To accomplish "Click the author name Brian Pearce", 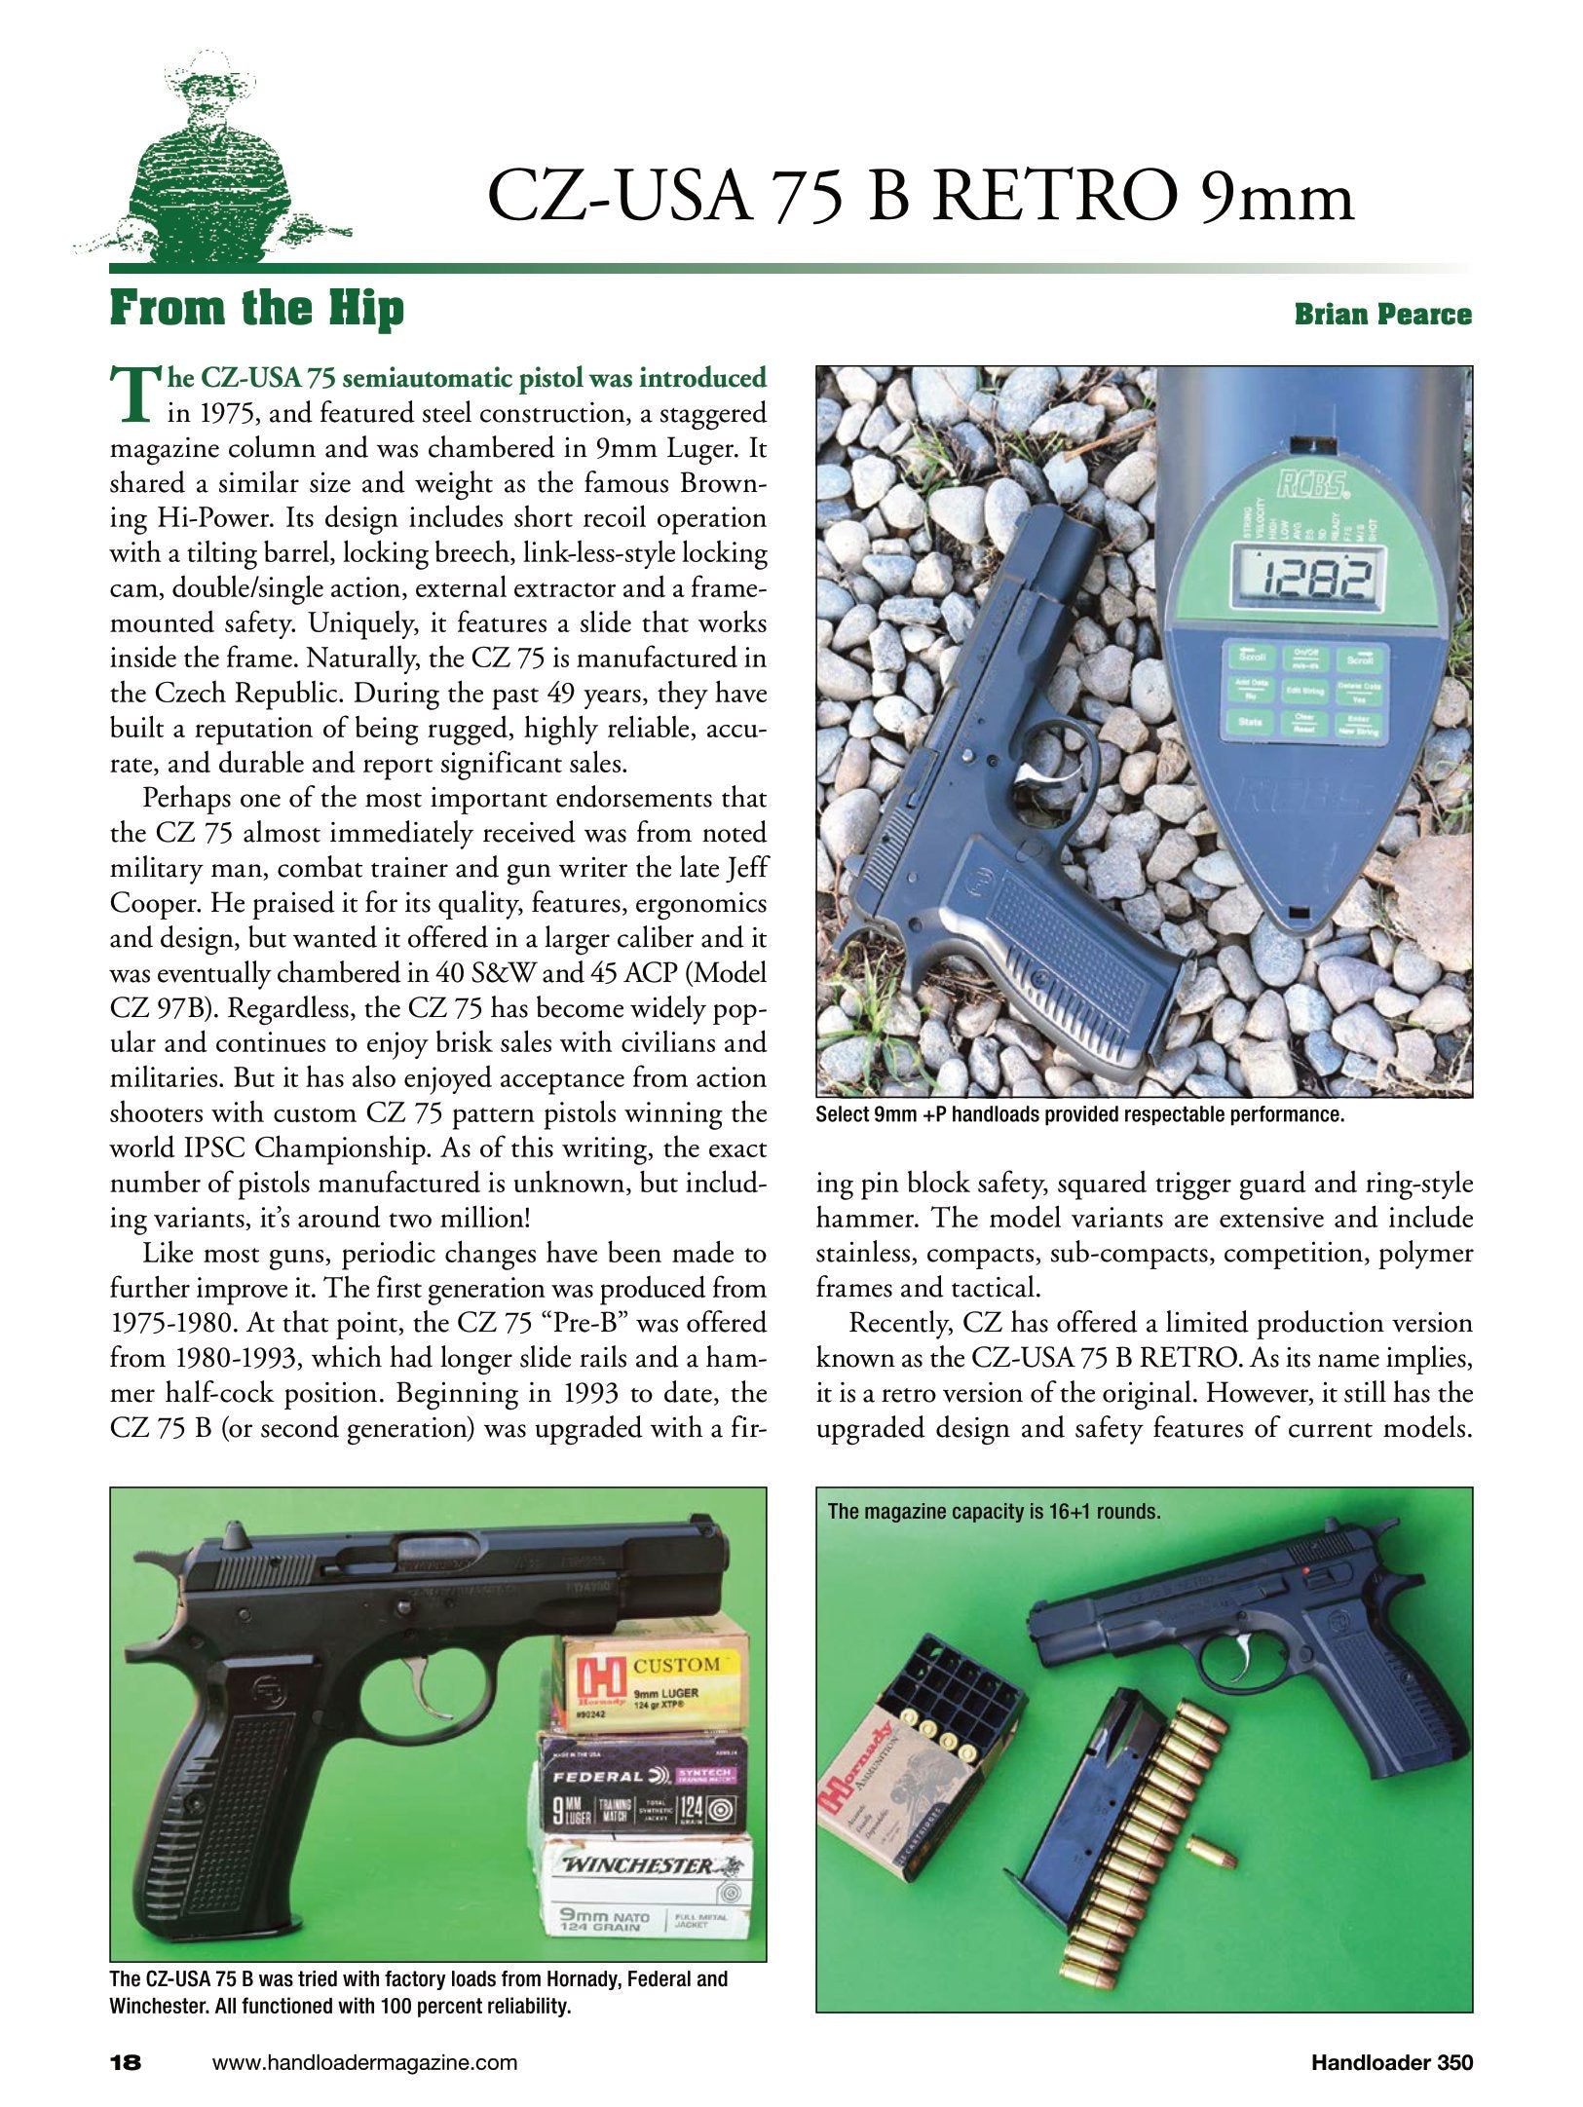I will (1382, 314).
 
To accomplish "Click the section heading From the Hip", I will (256, 310).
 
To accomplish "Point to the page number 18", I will (127, 2061).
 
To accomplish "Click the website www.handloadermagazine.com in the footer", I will (364, 2062).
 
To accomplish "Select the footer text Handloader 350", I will (1391, 2062).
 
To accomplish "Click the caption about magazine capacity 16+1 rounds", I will (994, 1512).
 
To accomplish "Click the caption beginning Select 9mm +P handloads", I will (1079, 1115).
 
